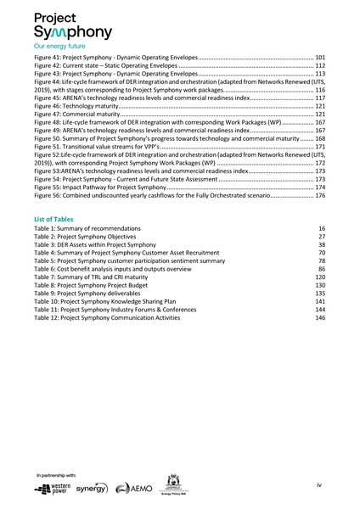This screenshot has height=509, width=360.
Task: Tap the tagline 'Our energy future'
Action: (x=59, y=46)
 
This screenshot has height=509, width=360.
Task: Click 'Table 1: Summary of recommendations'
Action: (x=90, y=229)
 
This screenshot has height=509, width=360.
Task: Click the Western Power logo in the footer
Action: (x=52, y=489)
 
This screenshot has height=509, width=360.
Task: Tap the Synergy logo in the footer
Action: (x=91, y=489)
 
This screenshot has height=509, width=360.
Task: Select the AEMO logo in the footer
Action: (x=133, y=489)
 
